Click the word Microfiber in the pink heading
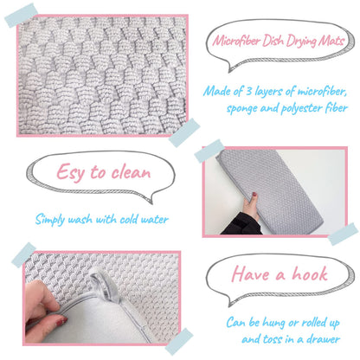[x=235, y=42]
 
